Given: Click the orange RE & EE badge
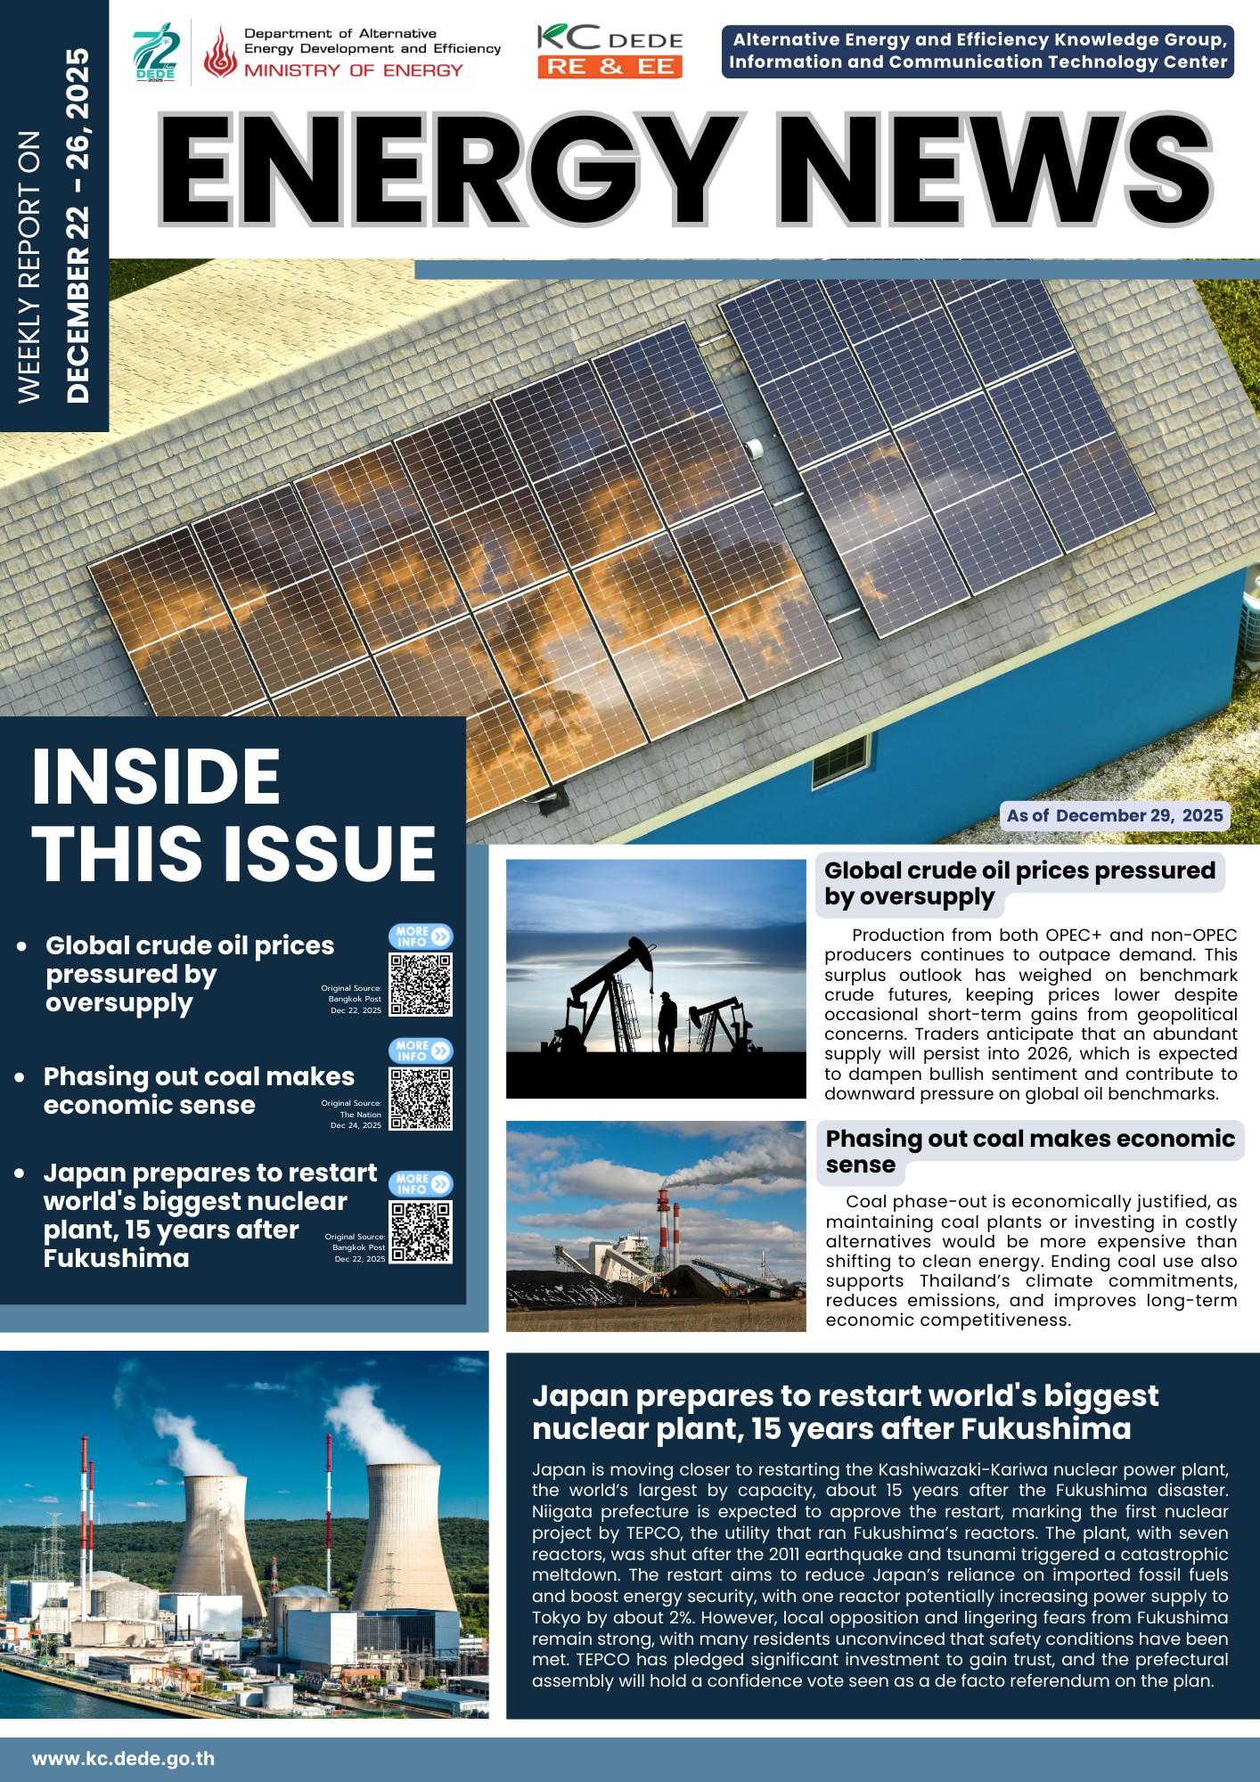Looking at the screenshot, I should pyautogui.click(x=610, y=67).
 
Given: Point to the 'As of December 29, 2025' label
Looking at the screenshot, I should pyautogui.click(x=1114, y=815).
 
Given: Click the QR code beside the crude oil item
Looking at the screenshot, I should pyautogui.click(x=421, y=985).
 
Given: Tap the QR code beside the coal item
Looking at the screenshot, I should pyautogui.click(x=421, y=1099).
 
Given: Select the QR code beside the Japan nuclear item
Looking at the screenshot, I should pyautogui.click(x=421, y=1231).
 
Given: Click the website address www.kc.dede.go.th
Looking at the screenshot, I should pyautogui.click(x=123, y=1759).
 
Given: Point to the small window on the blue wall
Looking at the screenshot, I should pyautogui.click(x=840, y=760).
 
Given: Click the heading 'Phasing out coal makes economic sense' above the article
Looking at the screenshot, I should pyautogui.click(x=1029, y=1151).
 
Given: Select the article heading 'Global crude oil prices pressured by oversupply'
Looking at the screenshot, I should pyautogui.click(x=1019, y=883).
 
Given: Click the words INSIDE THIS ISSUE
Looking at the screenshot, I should pyautogui.click(x=233, y=814).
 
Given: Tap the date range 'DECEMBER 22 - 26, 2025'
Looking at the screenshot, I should pyautogui.click(x=78, y=225).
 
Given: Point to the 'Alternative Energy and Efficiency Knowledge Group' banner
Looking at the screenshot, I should pyautogui.click(x=978, y=51).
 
